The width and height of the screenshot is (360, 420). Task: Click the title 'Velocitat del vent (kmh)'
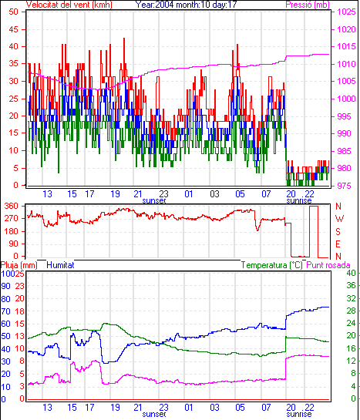[x=69, y=5]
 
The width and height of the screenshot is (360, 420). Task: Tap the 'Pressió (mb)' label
[x=308, y=5]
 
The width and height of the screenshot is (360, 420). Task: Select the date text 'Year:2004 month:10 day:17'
[x=186, y=5]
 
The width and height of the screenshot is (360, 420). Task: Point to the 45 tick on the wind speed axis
[x=13, y=29]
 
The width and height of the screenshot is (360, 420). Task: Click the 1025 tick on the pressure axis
[x=346, y=12]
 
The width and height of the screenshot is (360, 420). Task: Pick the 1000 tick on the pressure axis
[x=346, y=99]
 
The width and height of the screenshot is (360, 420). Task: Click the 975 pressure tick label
[x=344, y=186]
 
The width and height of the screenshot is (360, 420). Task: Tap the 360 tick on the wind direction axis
[x=11, y=207]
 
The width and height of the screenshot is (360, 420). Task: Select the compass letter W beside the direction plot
[x=339, y=219]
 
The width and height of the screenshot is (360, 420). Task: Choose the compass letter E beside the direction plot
[x=338, y=244]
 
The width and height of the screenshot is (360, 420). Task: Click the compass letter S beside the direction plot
[x=338, y=231]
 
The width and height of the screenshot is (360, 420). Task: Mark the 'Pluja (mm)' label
[x=19, y=265]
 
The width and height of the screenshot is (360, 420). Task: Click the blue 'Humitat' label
[x=60, y=265]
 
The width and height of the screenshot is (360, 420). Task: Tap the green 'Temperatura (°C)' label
[x=271, y=265]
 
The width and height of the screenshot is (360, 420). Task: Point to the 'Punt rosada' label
[x=328, y=265]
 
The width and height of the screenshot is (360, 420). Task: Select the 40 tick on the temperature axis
[x=352, y=274]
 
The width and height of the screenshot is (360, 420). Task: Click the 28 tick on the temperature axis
[x=352, y=311]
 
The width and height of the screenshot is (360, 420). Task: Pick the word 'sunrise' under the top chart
[x=299, y=201]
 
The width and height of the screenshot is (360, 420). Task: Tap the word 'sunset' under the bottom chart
[x=154, y=415]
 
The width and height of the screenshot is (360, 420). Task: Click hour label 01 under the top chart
[x=189, y=194]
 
